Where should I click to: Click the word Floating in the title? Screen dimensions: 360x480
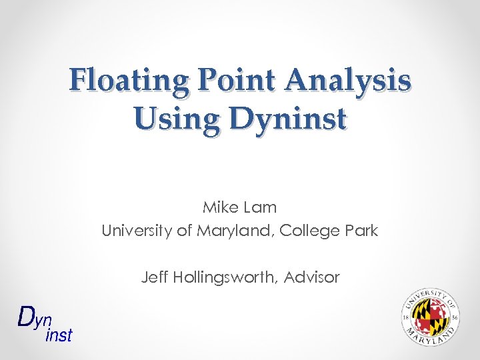(x=126, y=81)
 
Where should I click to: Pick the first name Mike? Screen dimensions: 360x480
(x=219, y=207)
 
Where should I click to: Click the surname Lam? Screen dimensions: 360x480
(x=261, y=207)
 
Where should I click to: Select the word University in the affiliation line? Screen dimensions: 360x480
(x=133, y=231)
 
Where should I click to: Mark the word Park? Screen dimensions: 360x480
(x=361, y=231)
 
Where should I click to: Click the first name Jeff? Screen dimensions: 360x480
(x=154, y=277)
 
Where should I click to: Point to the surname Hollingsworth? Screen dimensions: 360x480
(x=225, y=277)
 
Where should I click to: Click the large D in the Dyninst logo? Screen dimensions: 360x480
(x=27, y=317)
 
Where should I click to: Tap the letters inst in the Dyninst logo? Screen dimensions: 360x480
(x=59, y=335)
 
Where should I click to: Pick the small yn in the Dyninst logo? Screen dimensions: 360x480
(x=44, y=320)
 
